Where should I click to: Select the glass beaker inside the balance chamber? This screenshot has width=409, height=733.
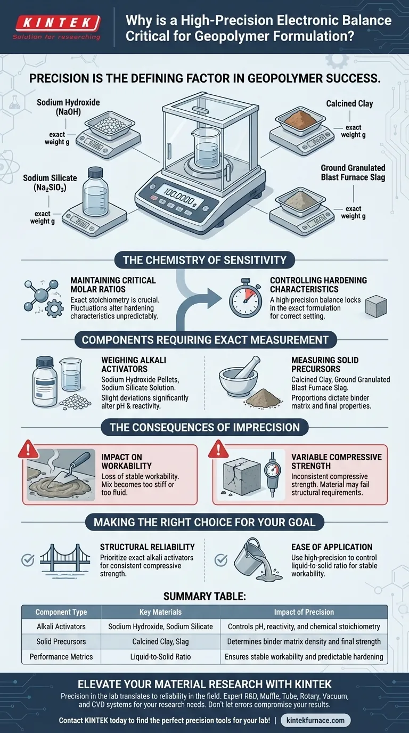pos(204,146)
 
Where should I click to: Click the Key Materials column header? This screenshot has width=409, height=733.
pos(160,612)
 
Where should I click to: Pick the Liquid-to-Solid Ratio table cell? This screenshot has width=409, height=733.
pos(160,656)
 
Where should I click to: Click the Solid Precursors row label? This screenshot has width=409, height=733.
pos(61,641)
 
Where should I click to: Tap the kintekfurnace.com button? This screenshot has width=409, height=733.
pos(315,720)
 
